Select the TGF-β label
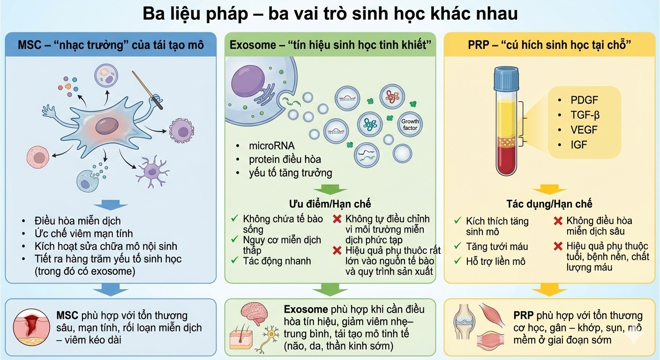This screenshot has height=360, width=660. click(x=585, y=115)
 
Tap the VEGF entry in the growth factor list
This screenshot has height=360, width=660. click(x=584, y=130)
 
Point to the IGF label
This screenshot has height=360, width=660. click(x=579, y=145)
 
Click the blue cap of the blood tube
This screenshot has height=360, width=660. click(x=506, y=78)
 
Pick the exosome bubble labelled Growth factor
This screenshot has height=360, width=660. click(x=410, y=125)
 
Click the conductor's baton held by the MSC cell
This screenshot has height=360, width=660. click(x=147, y=90)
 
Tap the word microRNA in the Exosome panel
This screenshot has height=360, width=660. click(x=271, y=146)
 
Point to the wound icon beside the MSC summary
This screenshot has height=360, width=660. click(x=31, y=327)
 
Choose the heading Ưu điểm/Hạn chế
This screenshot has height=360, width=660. click(x=330, y=203)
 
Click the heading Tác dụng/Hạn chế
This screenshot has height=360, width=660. click(x=549, y=203)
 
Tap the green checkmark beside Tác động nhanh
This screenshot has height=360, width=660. click(x=234, y=260)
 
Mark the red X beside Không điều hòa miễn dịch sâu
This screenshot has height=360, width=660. click(x=558, y=221)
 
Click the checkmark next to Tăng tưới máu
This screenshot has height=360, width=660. click(x=457, y=246)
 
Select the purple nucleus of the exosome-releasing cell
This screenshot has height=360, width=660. click(x=248, y=81)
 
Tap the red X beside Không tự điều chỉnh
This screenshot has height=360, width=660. click(x=337, y=219)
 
